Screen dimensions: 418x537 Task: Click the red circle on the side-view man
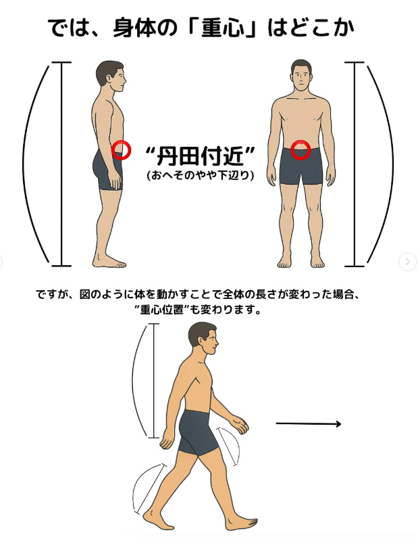[122, 149]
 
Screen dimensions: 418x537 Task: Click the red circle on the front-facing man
[301, 150]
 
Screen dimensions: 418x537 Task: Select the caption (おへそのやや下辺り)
[201, 176]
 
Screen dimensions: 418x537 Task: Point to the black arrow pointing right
[309, 424]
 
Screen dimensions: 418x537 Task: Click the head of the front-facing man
[301, 75]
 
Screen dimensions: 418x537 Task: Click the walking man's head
[203, 338]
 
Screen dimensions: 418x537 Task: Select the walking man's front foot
[240, 523]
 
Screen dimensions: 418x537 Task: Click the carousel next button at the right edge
[407, 262]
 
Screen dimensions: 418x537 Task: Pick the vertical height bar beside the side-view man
[61, 164]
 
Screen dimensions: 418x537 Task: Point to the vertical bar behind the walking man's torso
[154, 381]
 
